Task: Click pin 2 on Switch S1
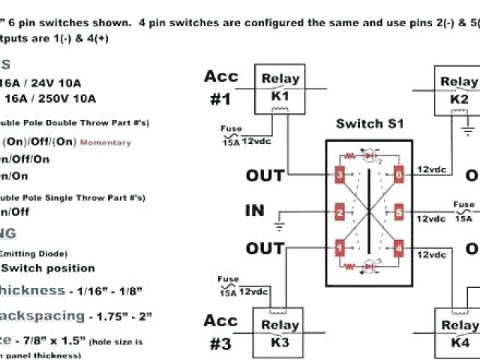[x=340, y=214]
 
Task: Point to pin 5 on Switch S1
[x=400, y=214]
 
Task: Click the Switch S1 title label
[x=369, y=124]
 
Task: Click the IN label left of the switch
[x=255, y=210]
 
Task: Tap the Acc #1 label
[x=220, y=87]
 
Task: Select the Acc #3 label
[x=220, y=332]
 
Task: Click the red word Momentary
[x=105, y=142]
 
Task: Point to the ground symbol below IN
[x=279, y=223]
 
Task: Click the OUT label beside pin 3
[x=265, y=175]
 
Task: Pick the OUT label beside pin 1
[x=265, y=248]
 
